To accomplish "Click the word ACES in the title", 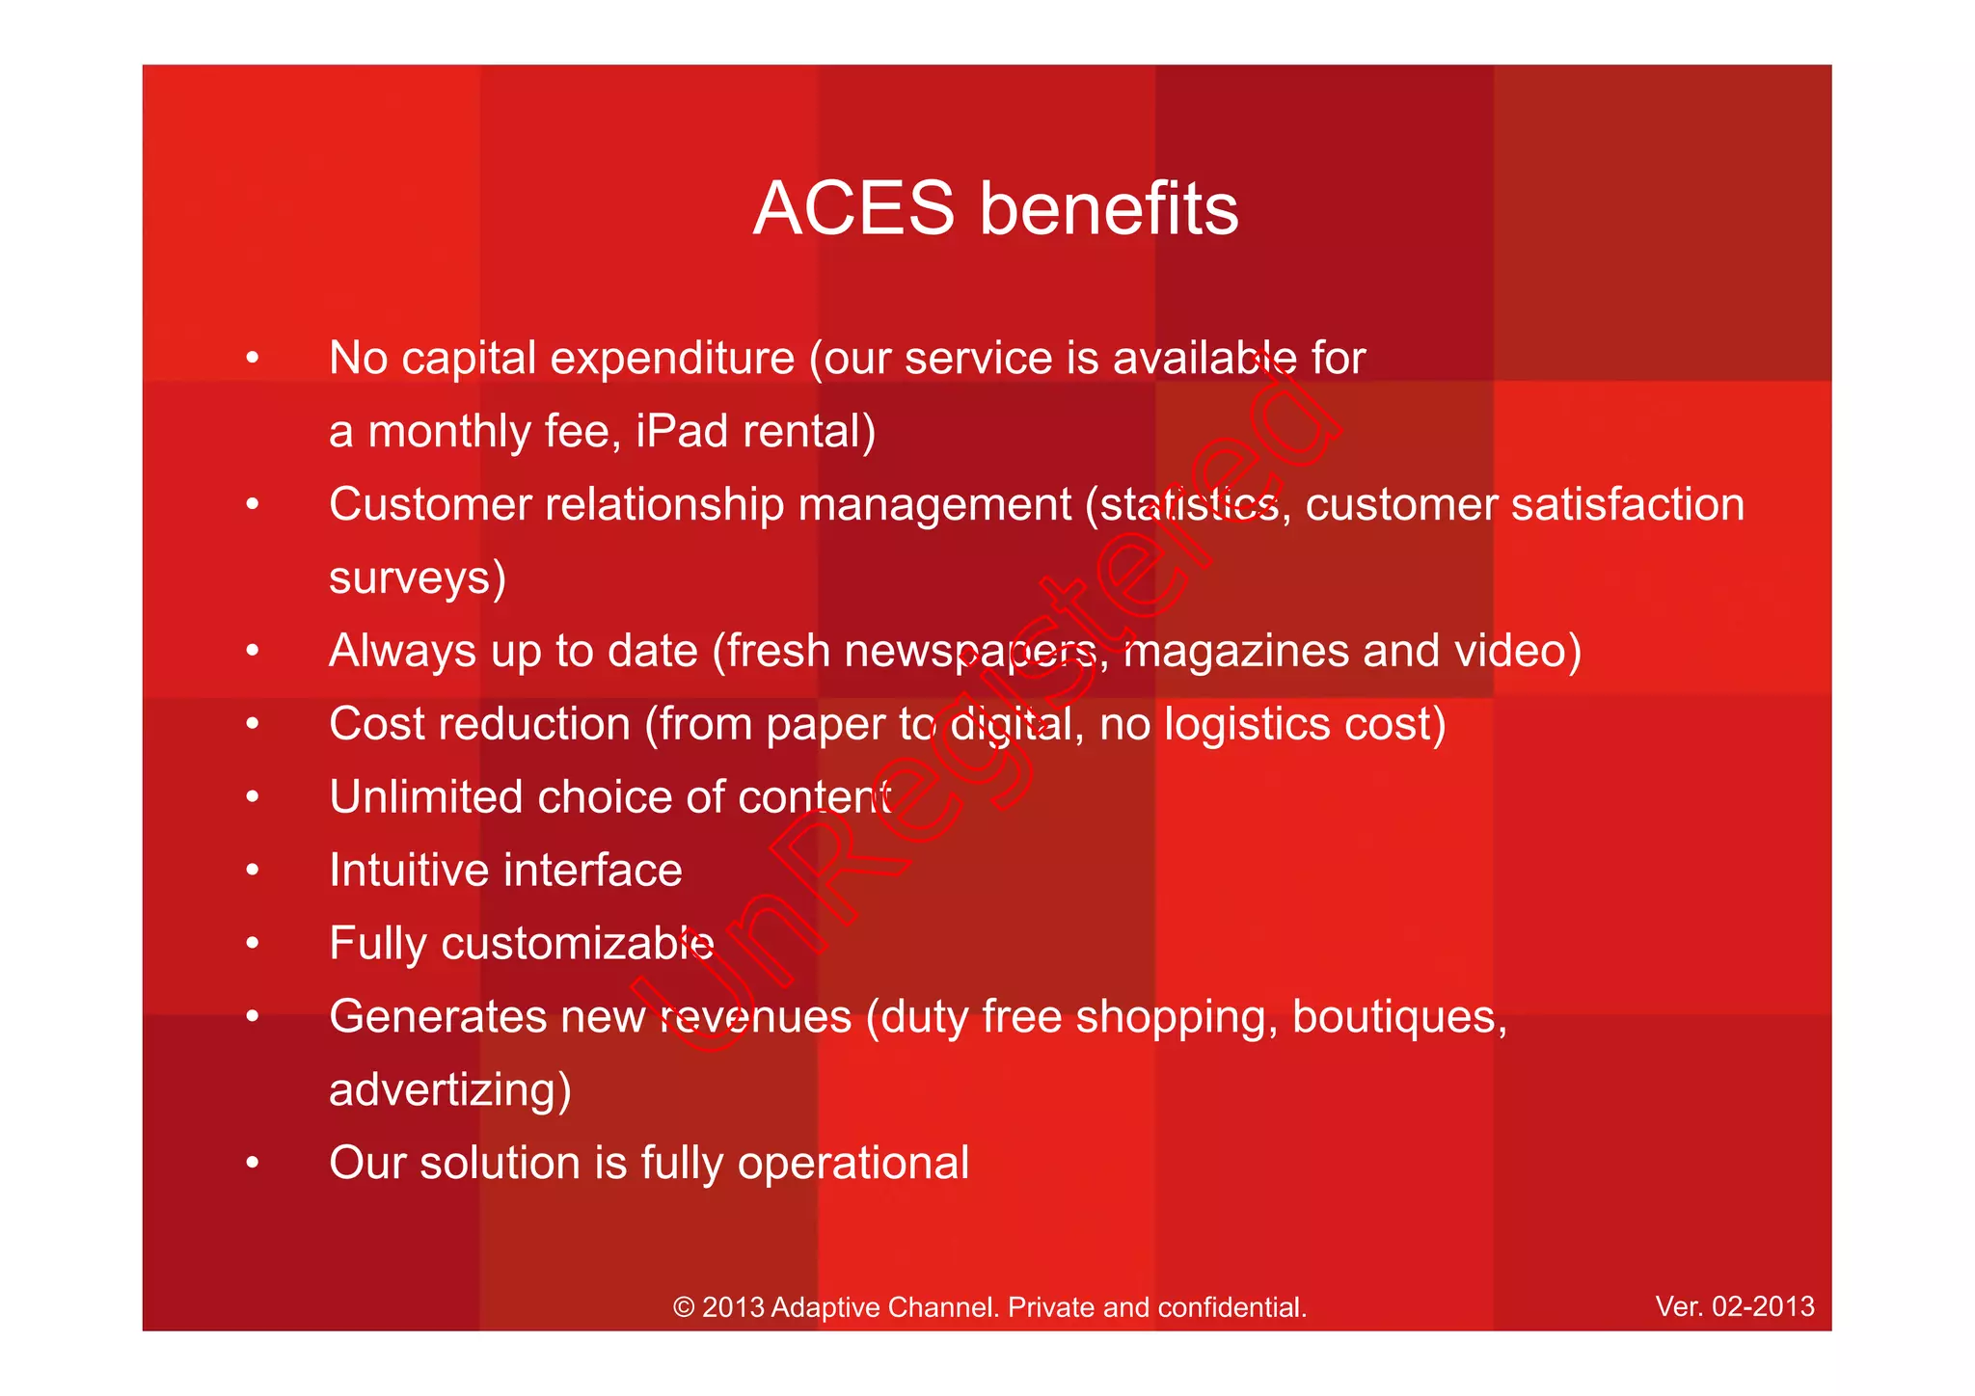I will [853, 209].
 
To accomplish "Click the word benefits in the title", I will [1109, 209].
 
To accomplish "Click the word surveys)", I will [418, 578].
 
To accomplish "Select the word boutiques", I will [1398, 1017].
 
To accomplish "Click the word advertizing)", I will [450, 1090].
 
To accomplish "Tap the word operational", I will [853, 1163].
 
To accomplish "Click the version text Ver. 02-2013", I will [1734, 1306].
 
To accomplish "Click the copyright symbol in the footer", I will [684, 1307].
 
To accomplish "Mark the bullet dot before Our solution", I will [253, 1163].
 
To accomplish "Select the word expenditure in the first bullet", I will [672, 359].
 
